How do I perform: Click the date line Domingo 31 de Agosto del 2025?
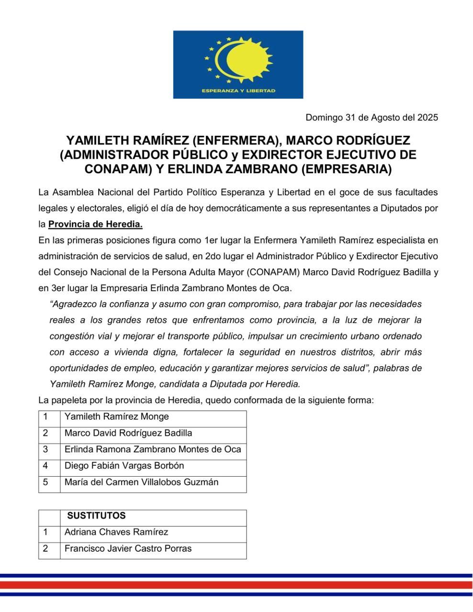(x=372, y=117)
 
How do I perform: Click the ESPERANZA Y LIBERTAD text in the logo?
(x=238, y=91)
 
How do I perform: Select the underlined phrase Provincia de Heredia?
(x=95, y=224)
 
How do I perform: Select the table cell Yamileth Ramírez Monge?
(x=117, y=417)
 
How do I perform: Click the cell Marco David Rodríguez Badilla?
(x=128, y=433)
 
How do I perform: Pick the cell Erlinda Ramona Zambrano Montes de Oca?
(x=153, y=449)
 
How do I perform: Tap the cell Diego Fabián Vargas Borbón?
(x=124, y=466)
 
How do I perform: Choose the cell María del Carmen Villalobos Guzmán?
(x=142, y=482)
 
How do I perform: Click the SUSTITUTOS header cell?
(x=97, y=516)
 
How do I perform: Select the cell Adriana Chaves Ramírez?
(x=116, y=532)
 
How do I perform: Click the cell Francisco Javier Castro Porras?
(x=128, y=548)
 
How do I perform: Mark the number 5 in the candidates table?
(x=45, y=482)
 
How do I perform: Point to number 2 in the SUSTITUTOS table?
(x=45, y=548)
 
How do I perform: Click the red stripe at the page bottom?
(x=236, y=585)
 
